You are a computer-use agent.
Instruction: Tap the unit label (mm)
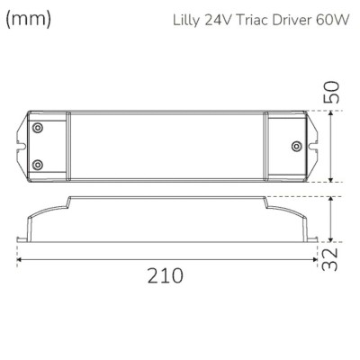click(x=26, y=17)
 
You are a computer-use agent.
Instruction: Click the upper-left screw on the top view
click(x=38, y=129)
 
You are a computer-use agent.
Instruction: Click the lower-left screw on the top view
click(x=38, y=164)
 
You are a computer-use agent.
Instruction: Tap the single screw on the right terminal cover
click(x=296, y=146)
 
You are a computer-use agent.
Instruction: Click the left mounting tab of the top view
click(x=22, y=146)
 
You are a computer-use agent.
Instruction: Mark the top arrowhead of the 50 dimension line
click(x=334, y=112)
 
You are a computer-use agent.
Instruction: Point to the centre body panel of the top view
click(x=166, y=146)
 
